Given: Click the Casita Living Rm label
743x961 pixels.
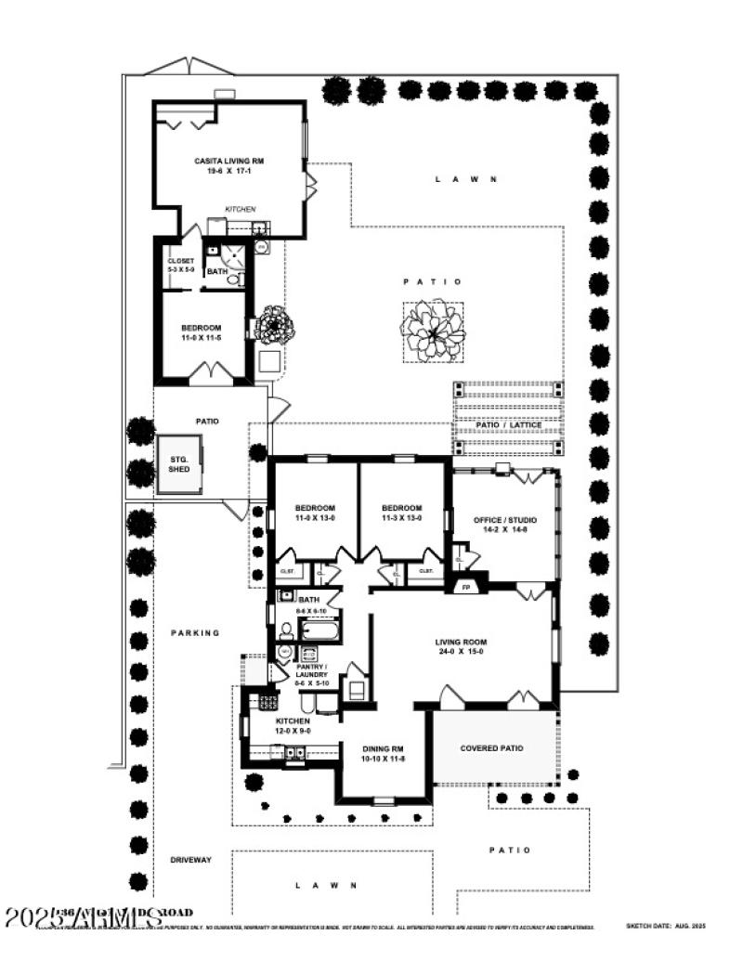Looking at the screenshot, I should (229, 167).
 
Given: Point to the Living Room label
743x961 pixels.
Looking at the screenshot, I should (462, 647).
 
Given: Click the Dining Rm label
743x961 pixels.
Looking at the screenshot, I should (383, 753).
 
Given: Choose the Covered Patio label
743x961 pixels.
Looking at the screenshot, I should (491, 748).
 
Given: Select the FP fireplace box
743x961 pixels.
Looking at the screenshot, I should (465, 587).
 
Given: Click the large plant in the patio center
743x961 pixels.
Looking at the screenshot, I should (433, 331).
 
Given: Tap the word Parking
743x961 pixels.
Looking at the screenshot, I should (195, 633).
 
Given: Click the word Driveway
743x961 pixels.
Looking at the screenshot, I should (190, 861).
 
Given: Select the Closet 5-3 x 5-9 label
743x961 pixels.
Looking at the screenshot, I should (180, 265).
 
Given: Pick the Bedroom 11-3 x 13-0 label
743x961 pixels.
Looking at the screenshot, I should (402, 513).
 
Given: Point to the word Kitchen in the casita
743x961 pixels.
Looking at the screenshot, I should (241, 210).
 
